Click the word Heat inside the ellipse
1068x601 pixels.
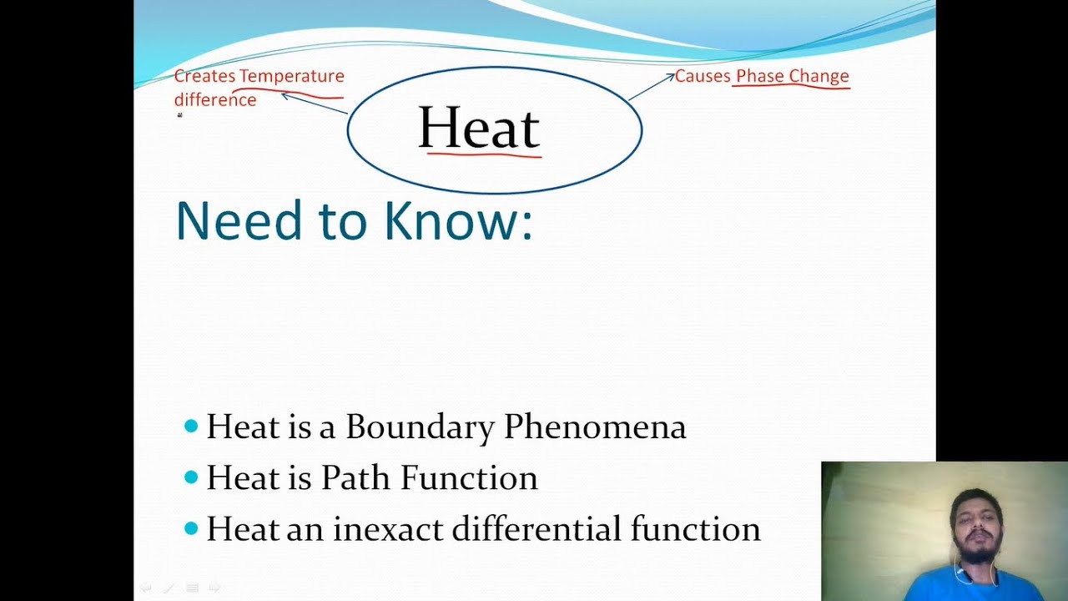pos(479,129)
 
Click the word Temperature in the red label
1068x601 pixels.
pos(291,76)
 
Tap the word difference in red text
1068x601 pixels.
pos(215,100)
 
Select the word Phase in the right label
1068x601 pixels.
pos(760,76)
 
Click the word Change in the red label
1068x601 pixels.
pos(819,76)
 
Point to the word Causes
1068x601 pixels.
pos(703,76)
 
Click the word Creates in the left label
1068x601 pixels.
pos(204,76)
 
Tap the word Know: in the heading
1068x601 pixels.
pos(457,221)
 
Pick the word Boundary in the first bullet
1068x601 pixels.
pos(420,427)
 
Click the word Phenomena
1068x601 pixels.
pos(595,427)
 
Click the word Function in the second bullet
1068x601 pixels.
pos(469,478)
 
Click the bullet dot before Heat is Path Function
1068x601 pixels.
pos(191,477)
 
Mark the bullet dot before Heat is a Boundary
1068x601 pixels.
pos(191,427)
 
